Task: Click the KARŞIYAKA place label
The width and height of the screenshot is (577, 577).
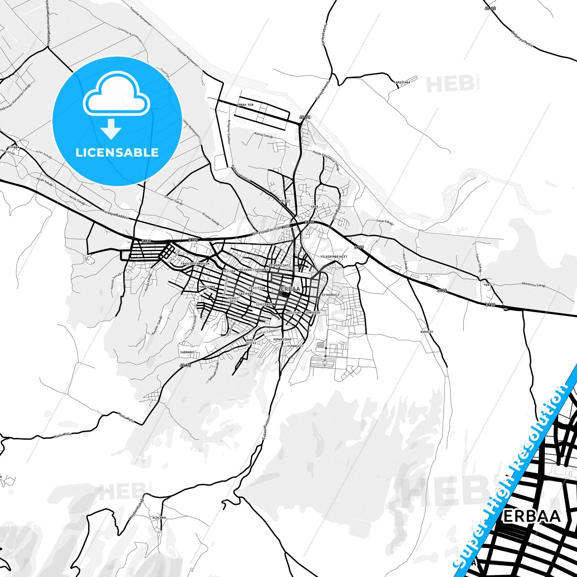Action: (402, 82)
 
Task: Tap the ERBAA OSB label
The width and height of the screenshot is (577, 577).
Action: (245, 105)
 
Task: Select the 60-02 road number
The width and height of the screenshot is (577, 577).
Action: (490, 8)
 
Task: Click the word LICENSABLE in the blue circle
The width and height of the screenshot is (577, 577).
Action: (117, 152)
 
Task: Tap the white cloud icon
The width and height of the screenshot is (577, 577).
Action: (116, 94)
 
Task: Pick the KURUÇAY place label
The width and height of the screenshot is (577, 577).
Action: (426, 332)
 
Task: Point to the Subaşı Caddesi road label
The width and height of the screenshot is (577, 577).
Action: (266, 428)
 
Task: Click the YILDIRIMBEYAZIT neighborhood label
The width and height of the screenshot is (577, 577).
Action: (334, 257)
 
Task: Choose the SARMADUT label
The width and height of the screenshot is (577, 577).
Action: (187, 352)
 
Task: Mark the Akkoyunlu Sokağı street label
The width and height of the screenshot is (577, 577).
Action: (533, 285)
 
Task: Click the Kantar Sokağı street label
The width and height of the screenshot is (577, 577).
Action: (264, 135)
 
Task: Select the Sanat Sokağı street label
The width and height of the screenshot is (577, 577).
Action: (385, 222)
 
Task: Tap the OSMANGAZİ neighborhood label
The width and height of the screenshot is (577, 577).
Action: (295, 346)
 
